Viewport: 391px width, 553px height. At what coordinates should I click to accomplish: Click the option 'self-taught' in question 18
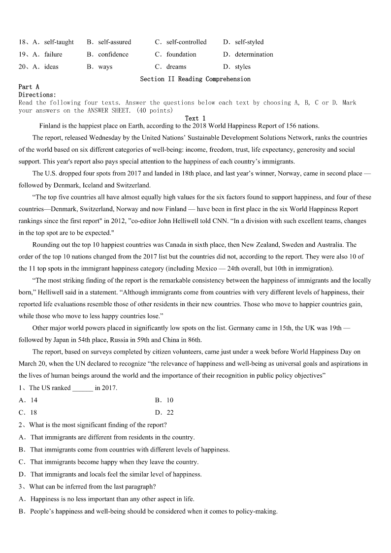(59, 42)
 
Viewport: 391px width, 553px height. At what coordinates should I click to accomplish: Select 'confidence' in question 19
(113, 55)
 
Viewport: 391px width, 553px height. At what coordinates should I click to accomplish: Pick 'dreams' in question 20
(176, 67)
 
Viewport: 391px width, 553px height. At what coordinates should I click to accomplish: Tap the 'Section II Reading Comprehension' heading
(195, 79)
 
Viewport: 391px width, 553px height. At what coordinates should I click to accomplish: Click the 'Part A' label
(29, 87)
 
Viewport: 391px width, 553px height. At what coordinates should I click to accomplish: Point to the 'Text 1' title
(195, 118)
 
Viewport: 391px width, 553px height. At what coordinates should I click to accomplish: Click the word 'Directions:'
(37, 95)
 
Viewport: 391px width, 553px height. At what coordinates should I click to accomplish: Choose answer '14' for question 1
(34, 400)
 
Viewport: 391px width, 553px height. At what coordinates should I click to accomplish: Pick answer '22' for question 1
(170, 413)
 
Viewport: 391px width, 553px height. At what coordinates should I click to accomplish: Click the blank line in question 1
(83, 388)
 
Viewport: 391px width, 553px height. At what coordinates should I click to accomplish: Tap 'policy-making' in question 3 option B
(258, 512)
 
